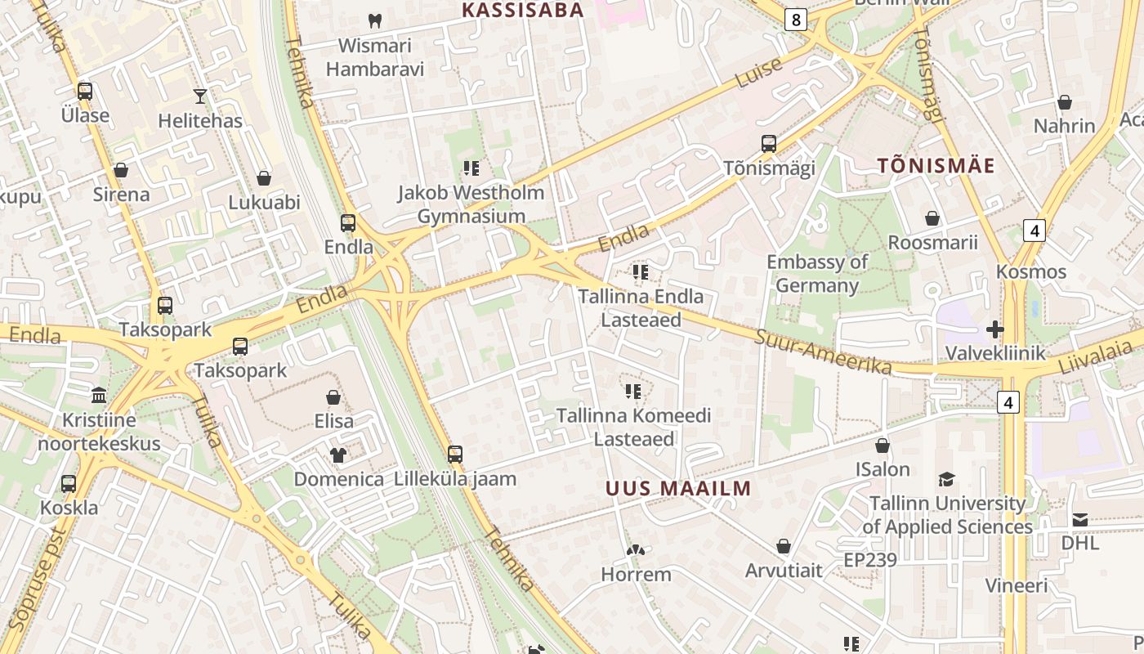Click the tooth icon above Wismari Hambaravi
tap(375, 20)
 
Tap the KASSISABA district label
tap(523, 11)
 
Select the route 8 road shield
tap(795, 20)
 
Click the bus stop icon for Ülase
tap(85, 92)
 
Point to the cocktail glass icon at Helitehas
tap(200, 96)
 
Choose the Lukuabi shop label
tap(264, 203)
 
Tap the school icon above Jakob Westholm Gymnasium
tap(471, 168)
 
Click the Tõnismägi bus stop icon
tap(769, 144)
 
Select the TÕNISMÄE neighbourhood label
tap(936, 166)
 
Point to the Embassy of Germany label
tap(817, 274)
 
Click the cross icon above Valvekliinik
tap(995, 329)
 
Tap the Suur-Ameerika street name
tap(823, 352)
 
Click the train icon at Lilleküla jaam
tap(455, 454)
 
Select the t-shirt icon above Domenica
tap(338, 455)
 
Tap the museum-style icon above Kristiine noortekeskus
tap(99, 396)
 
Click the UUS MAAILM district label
tap(678, 489)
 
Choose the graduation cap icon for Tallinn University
tap(947, 479)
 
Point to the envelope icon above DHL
tap(1080, 520)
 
